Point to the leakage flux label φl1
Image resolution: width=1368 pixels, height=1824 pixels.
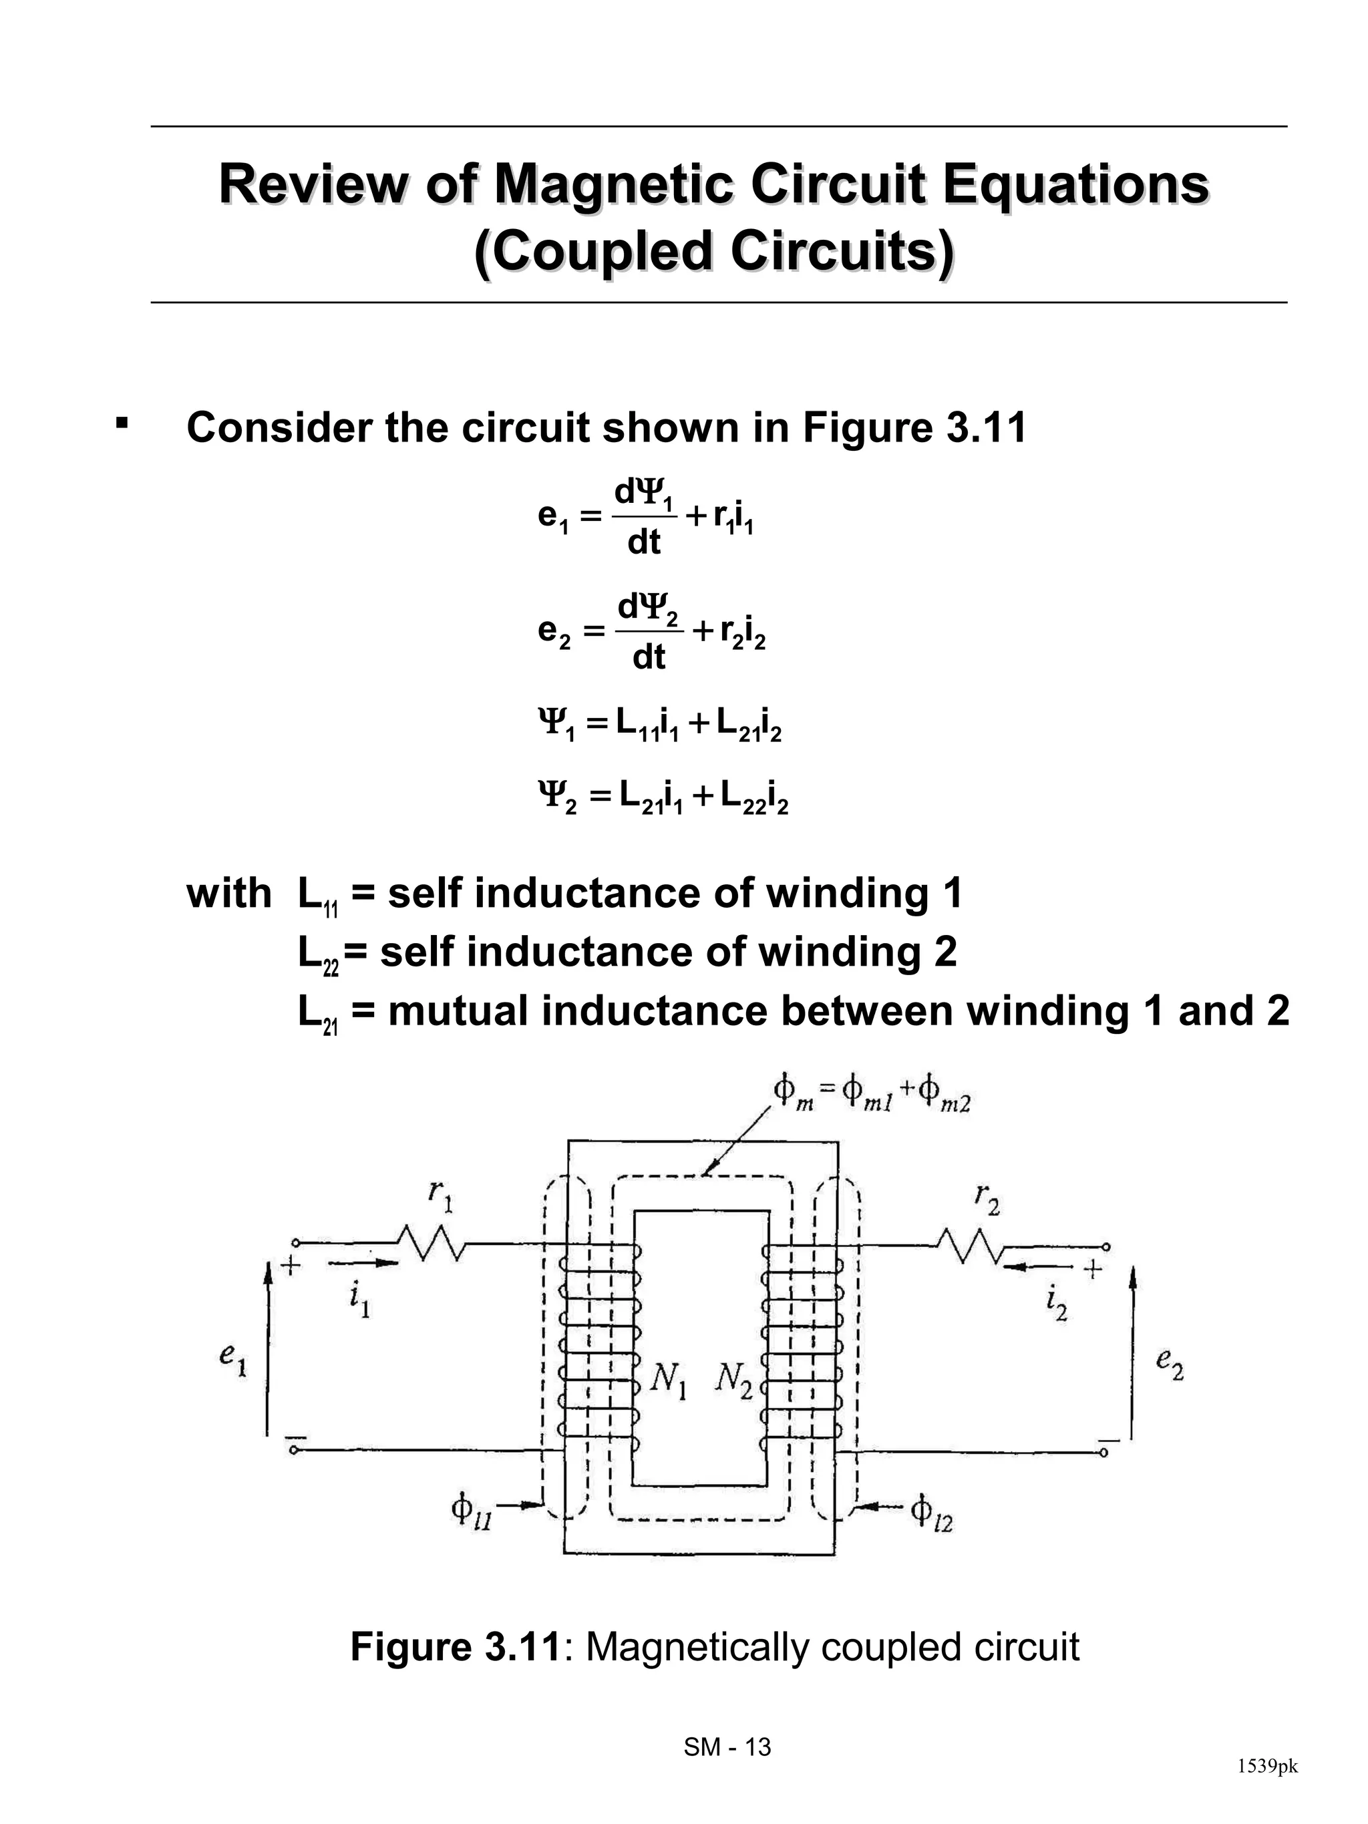tap(471, 1511)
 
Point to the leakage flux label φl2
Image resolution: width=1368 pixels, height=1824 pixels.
tap(932, 1511)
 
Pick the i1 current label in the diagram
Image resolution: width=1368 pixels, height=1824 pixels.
tap(359, 1301)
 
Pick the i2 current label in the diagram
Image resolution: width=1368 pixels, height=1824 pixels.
tap(1056, 1304)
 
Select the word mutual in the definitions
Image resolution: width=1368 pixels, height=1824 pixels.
tap(457, 1011)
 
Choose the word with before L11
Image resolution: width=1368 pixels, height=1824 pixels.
tap(228, 894)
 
